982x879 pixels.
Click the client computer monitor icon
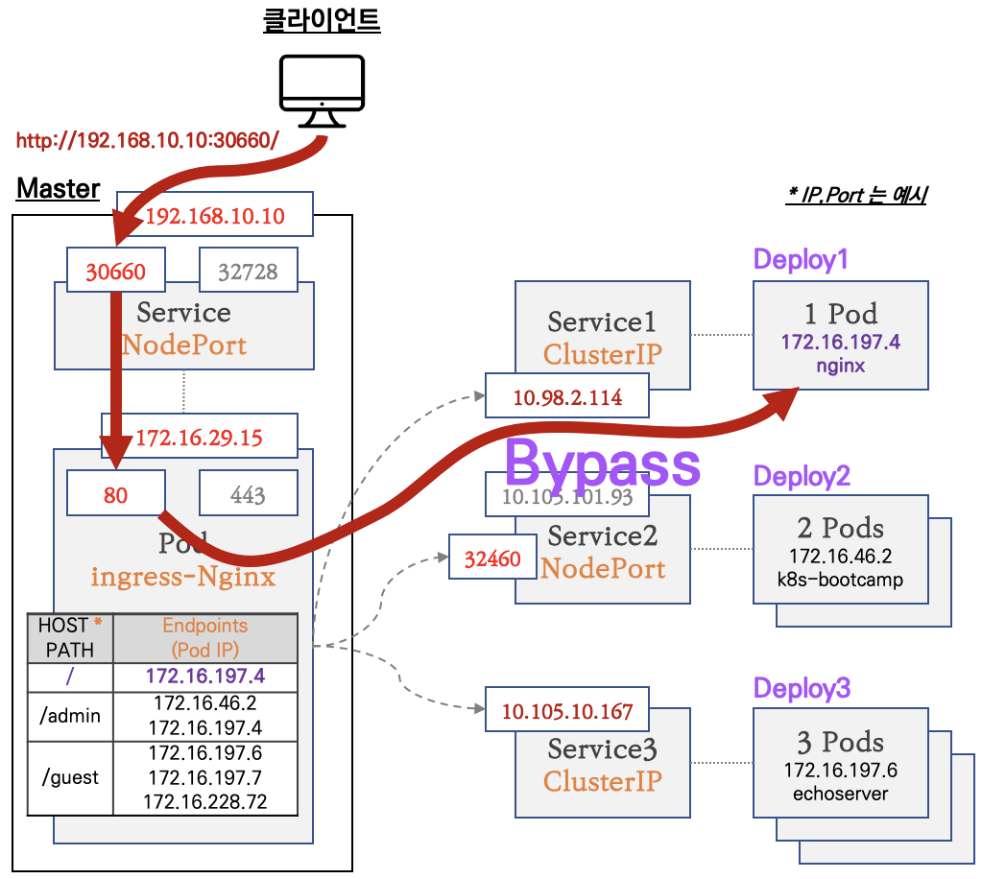(322, 90)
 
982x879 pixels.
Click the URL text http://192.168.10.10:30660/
(147, 141)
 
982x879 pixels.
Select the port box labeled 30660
(115, 272)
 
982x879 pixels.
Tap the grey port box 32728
(248, 272)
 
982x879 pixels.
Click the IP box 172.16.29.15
(199, 438)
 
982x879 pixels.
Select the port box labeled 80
(115, 494)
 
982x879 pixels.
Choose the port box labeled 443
(248, 494)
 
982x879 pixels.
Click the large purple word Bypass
(602, 463)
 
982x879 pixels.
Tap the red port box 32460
(492, 558)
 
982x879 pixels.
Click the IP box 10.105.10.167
(566, 711)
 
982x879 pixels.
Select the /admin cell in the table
(70, 716)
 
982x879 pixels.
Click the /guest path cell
(70, 777)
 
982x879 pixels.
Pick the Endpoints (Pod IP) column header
(204, 637)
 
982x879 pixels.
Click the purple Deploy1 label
(801, 259)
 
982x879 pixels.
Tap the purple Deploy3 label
(802, 688)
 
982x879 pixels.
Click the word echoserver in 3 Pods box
(839, 794)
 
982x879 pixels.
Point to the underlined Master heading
(58, 188)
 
